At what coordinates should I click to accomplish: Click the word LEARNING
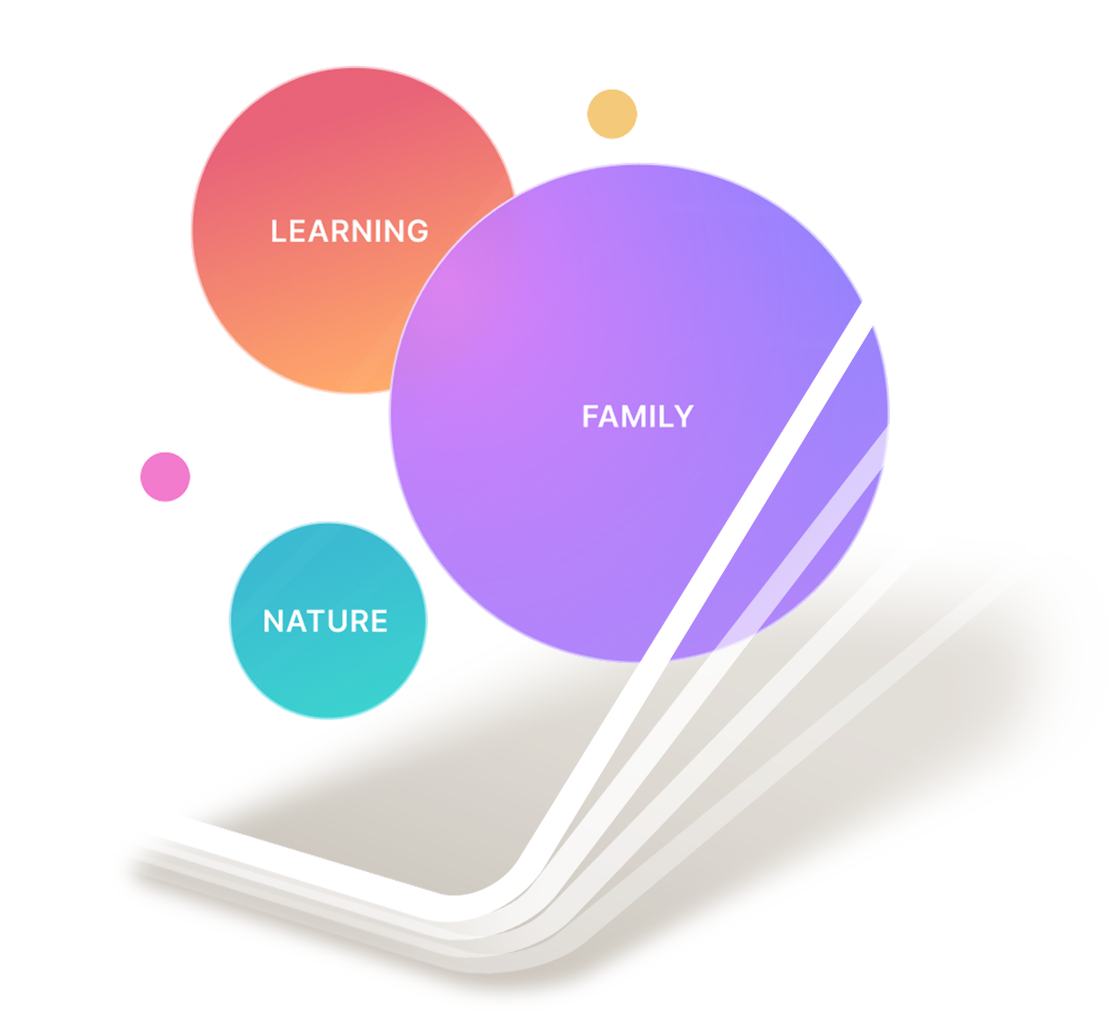pyautogui.click(x=349, y=231)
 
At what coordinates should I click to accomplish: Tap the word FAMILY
pyautogui.click(x=638, y=417)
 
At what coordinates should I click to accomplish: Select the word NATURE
pyautogui.click(x=325, y=621)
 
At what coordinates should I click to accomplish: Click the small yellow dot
pyautogui.click(x=612, y=114)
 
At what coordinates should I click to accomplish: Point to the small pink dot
pyautogui.click(x=165, y=477)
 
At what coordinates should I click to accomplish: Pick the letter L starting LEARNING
pyautogui.click(x=278, y=231)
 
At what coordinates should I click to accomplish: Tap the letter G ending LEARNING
pyautogui.click(x=418, y=231)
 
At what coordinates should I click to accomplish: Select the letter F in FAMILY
pyautogui.click(x=590, y=417)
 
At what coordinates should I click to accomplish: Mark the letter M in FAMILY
pyautogui.click(x=635, y=417)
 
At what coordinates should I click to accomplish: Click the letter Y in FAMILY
pyautogui.click(x=683, y=417)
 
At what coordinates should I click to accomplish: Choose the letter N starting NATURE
pyautogui.click(x=274, y=621)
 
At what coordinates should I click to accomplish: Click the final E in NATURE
pyautogui.click(x=379, y=621)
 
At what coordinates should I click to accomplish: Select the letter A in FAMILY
pyautogui.click(x=611, y=417)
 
